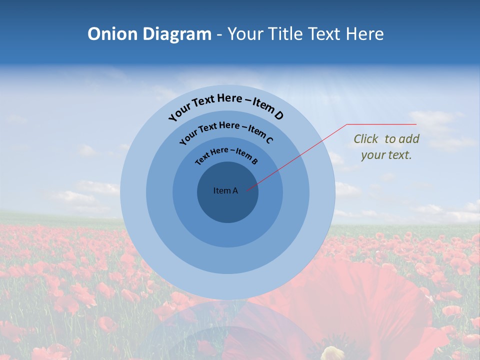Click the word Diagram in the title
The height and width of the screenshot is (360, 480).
point(177,34)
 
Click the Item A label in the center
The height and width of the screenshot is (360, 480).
point(225,190)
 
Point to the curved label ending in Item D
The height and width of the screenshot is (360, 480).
point(226,104)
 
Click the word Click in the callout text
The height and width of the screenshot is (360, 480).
point(366,139)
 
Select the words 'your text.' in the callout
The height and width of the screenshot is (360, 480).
point(386,155)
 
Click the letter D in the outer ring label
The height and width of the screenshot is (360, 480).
point(278,116)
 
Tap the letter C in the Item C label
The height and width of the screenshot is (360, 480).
point(269,139)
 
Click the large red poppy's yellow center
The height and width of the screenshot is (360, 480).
point(332,353)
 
